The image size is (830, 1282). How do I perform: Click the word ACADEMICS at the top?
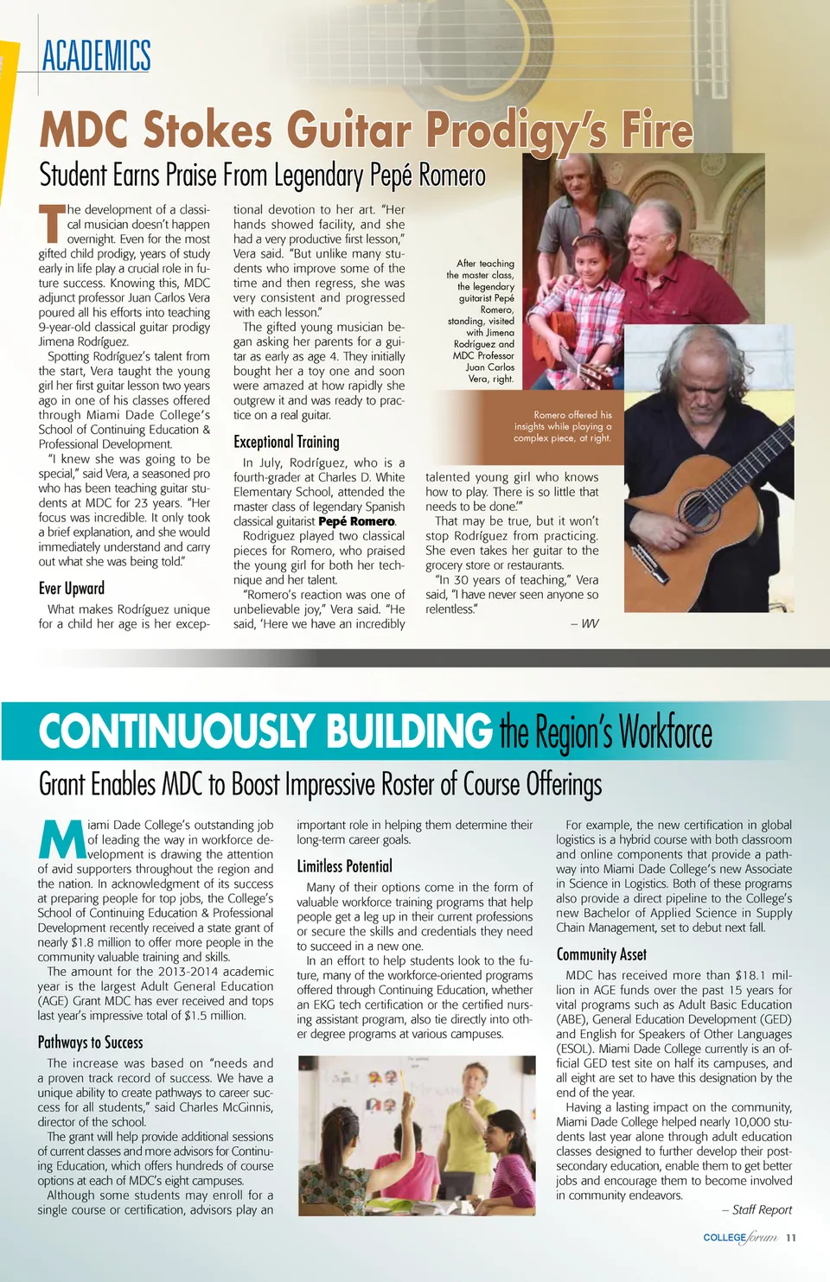pyautogui.click(x=96, y=56)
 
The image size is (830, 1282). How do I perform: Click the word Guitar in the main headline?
pyautogui.click(x=348, y=131)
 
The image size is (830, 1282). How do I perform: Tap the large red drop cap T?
pyautogui.click(x=51, y=222)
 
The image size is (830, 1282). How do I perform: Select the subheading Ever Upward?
pyautogui.click(x=72, y=588)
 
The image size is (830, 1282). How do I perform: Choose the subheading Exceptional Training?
pyautogui.click(x=286, y=442)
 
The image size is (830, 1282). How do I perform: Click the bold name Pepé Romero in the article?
pyautogui.click(x=356, y=521)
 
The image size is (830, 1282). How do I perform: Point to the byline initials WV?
pyautogui.click(x=590, y=623)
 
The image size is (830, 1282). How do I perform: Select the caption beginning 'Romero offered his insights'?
pyautogui.click(x=563, y=426)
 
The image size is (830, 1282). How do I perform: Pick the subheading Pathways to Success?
pyautogui.click(x=91, y=1042)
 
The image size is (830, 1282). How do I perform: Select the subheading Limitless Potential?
pyautogui.click(x=344, y=866)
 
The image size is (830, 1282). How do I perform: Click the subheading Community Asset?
pyautogui.click(x=601, y=954)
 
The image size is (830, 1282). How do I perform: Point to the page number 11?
pyautogui.click(x=791, y=1238)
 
